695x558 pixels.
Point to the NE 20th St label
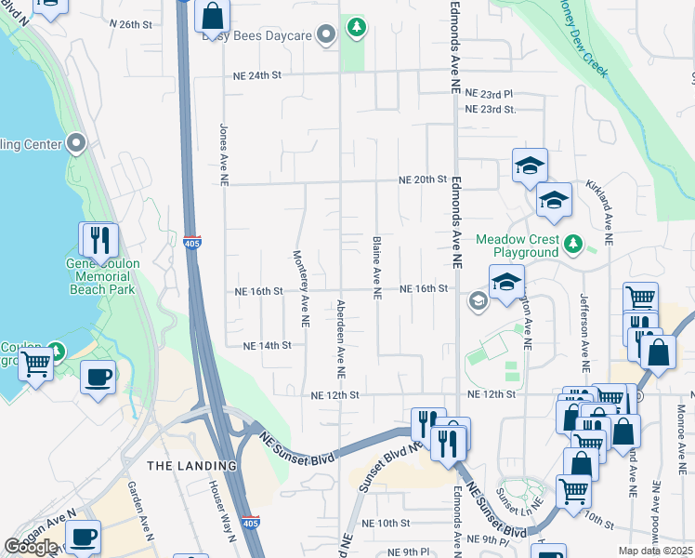coord(423,179)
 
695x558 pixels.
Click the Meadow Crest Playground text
coord(518,246)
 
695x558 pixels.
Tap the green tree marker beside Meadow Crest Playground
coord(574,244)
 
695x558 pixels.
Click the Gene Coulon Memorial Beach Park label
coord(102,276)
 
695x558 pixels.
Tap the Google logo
coord(31,547)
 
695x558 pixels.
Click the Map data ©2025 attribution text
coord(656,551)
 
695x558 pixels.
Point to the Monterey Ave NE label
coord(301,288)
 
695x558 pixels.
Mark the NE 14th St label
coord(267,345)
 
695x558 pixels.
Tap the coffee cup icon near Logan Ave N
coord(84,537)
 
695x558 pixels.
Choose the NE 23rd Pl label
coord(489,94)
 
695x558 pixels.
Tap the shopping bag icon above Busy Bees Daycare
coord(213,16)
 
